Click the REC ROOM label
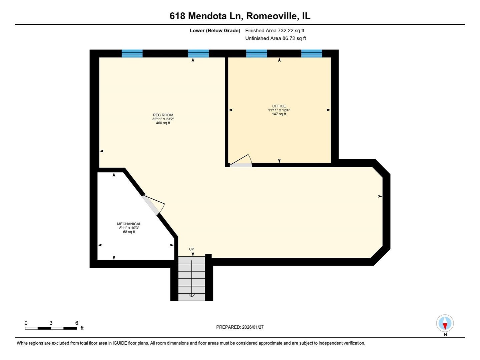[x=163, y=115]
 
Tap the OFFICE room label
[x=279, y=106]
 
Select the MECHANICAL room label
[x=129, y=224]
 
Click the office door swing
[x=241, y=161]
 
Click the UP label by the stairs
[x=191, y=249]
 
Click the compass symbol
[x=445, y=323]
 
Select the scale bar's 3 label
[x=51, y=323]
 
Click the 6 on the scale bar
[x=77, y=323]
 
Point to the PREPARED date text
[x=240, y=327]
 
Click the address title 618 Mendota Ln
[x=240, y=16]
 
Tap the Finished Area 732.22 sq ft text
[x=275, y=31]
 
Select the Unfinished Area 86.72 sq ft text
[x=276, y=38]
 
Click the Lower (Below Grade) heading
[x=215, y=31]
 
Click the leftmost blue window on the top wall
[x=132, y=53]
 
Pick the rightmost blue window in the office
[x=312, y=53]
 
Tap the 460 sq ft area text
[x=163, y=123]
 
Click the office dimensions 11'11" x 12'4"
[x=279, y=110]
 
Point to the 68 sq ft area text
[x=129, y=232]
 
